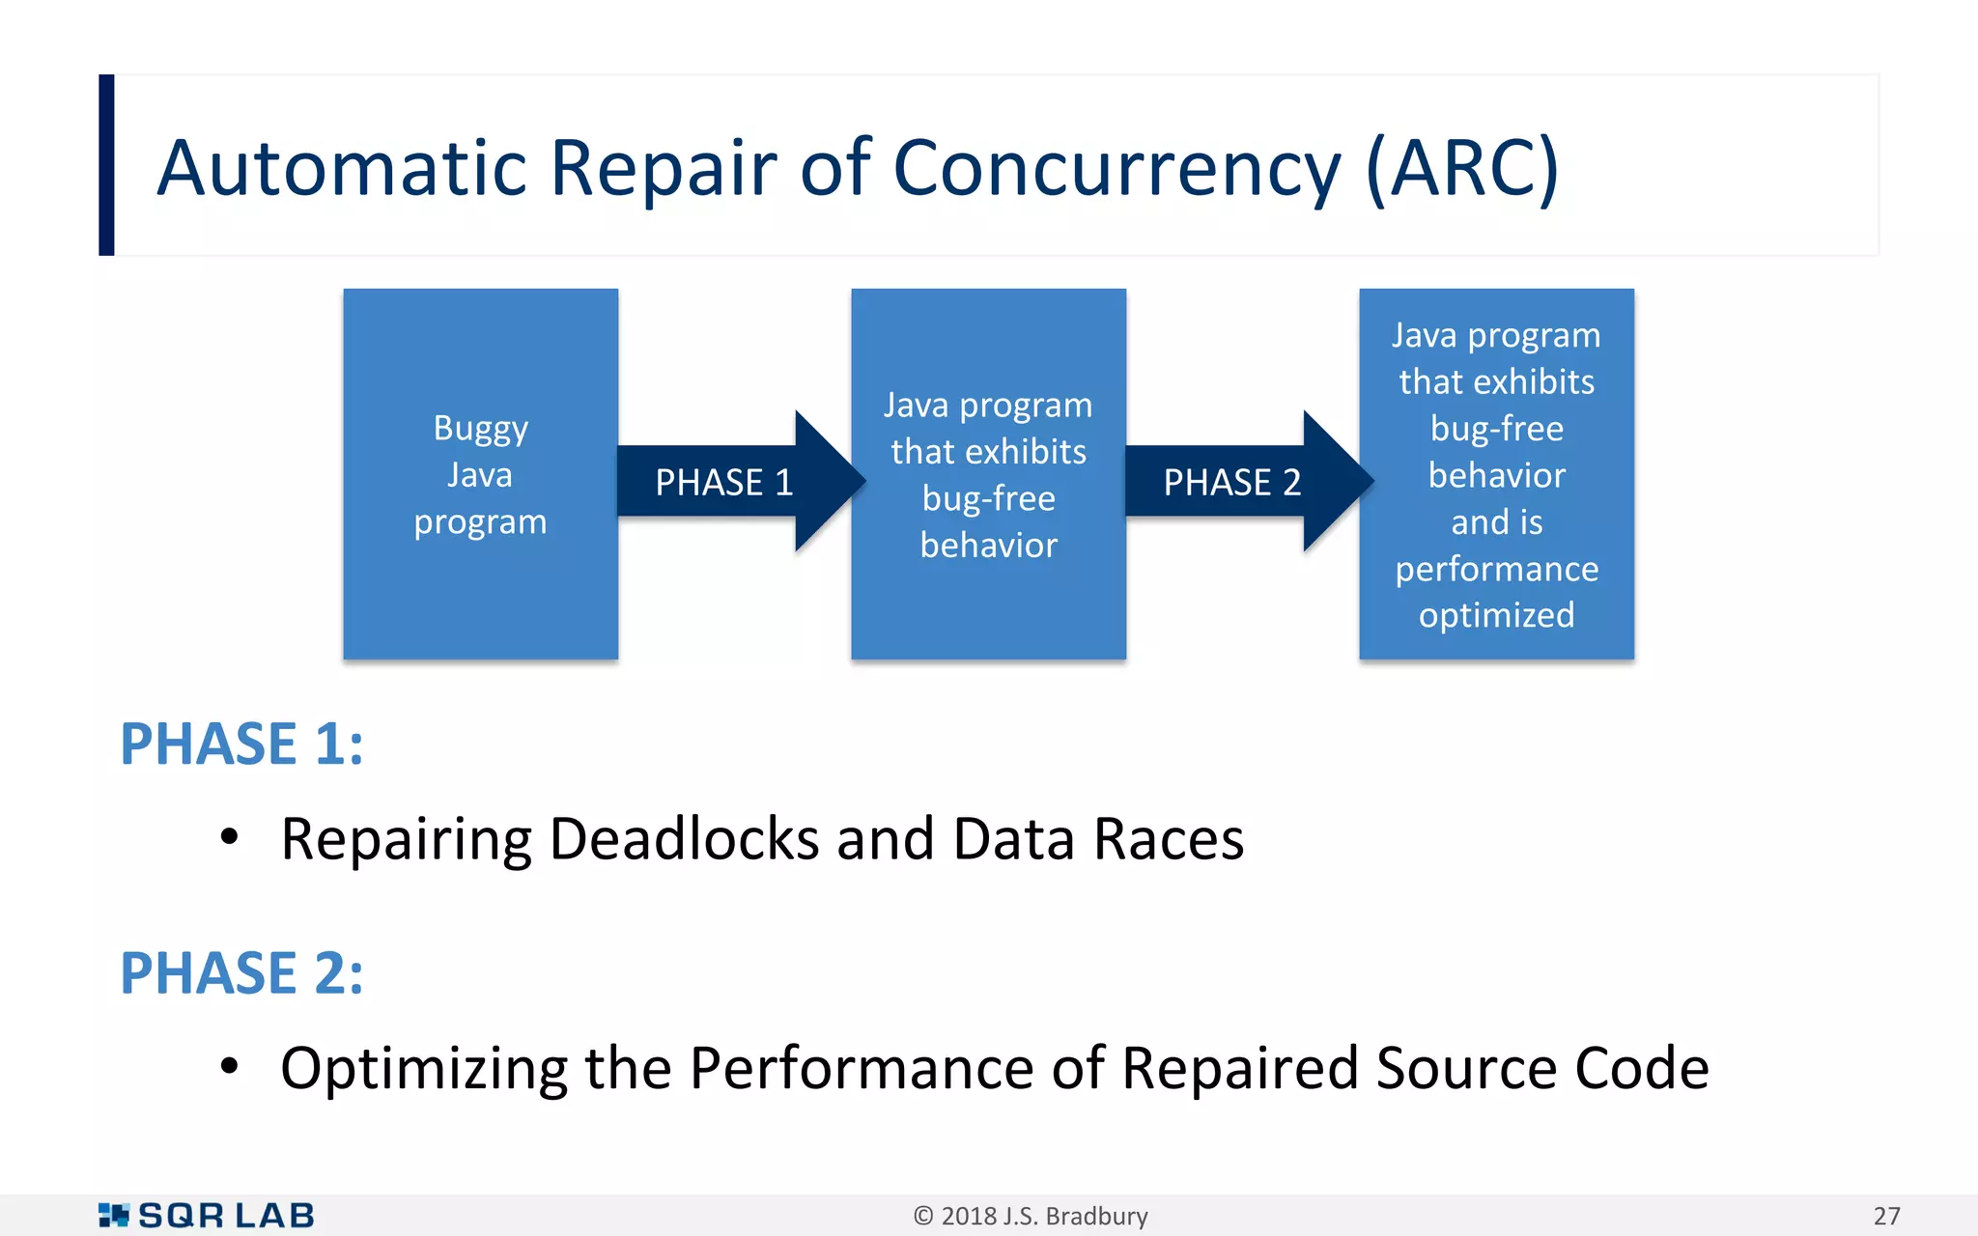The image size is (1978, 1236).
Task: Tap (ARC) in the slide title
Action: click(x=1462, y=169)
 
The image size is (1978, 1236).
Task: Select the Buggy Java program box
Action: click(x=480, y=474)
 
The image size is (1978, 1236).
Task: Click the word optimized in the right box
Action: click(x=1496, y=615)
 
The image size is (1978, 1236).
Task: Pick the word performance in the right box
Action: click(x=1496, y=569)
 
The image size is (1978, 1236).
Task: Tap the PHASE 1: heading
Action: click(x=241, y=744)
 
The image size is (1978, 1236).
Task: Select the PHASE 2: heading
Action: click(x=241, y=973)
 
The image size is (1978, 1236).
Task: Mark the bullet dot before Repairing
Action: click(x=229, y=837)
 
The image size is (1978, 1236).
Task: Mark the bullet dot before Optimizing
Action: click(x=229, y=1066)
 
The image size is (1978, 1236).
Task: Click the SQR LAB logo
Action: click(x=207, y=1216)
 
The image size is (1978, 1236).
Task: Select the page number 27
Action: click(x=1886, y=1216)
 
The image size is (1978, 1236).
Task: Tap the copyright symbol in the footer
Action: click(x=923, y=1216)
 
